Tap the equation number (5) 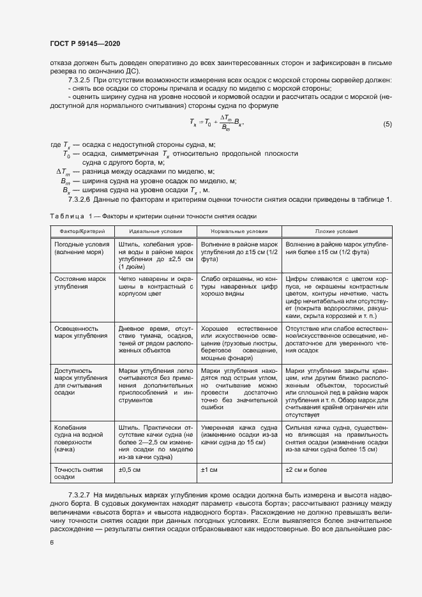tap(387, 124)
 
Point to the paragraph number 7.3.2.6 tap(79, 200)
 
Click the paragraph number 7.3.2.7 tap(79, 495)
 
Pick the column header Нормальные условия tap(239, 231)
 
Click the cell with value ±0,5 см tap(130, 470)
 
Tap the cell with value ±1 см tap(210, 470)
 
